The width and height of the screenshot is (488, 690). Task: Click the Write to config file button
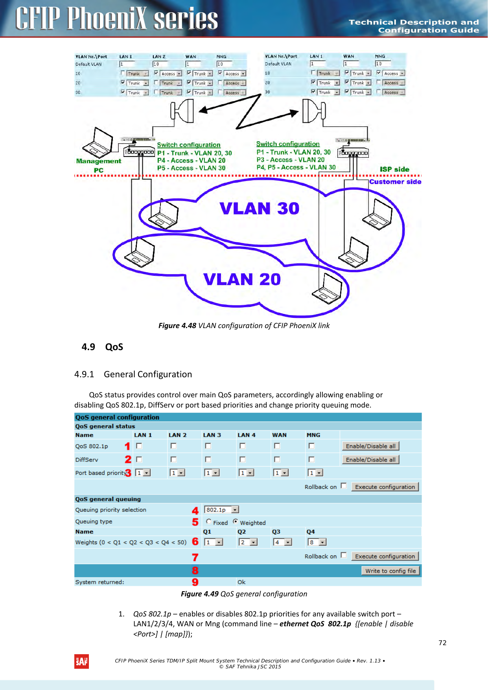coord(390,571)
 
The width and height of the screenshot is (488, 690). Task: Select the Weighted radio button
coord(236,522)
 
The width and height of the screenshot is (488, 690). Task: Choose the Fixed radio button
coord(209,522)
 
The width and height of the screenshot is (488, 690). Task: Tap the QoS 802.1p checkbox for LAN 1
coord(139,446)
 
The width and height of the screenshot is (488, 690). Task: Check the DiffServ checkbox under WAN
coord(277,459)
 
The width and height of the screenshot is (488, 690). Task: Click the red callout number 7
coord(195,557)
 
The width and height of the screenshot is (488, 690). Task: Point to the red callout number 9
coord(195,582)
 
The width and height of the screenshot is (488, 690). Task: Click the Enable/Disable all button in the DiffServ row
coord(370,459)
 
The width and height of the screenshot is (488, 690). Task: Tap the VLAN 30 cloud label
coord(259,208)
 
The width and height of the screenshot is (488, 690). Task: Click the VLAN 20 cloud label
coord(242,279)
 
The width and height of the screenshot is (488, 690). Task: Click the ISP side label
coord(394,169)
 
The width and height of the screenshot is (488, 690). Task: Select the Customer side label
coord(395,182)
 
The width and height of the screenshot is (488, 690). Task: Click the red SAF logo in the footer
coord(81,662)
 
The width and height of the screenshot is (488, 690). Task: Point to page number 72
coord(442,643)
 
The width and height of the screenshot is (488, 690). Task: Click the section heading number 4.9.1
coord(84,374)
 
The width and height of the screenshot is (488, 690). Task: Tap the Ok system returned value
coord(241,582)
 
